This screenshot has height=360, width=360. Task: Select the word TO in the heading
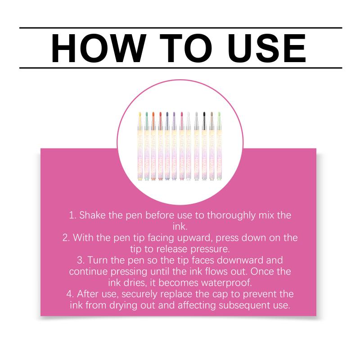pyautogui.click(x=186, y=48)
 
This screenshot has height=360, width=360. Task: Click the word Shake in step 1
pyautogui.click(x=93, y=216)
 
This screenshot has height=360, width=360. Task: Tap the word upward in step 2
pyautogui.click(x=195, y=238)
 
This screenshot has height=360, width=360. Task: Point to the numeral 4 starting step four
pyautogui.click(x=70, y=294)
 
